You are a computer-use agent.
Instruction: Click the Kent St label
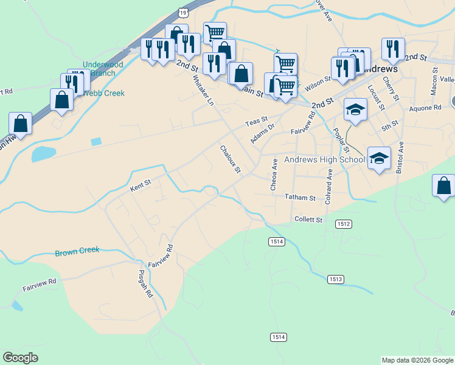click(x=140, y=185)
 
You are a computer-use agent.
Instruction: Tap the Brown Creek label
click(x=77, y=251)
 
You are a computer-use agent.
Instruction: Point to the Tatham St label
click(x=300, y=198)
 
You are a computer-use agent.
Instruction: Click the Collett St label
click(x=308, y=219)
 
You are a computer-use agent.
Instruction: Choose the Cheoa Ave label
click(x=274, y=175)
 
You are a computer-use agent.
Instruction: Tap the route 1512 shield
click(x=344, y=224)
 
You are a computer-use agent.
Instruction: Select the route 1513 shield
click(x=335, y=279)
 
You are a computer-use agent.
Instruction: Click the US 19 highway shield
click(x=182, y=12)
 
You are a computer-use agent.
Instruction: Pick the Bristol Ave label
click(x=400, y=158)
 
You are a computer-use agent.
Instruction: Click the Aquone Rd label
click(x=425, y=108)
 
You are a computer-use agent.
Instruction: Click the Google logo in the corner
click(x=21, y=358)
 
